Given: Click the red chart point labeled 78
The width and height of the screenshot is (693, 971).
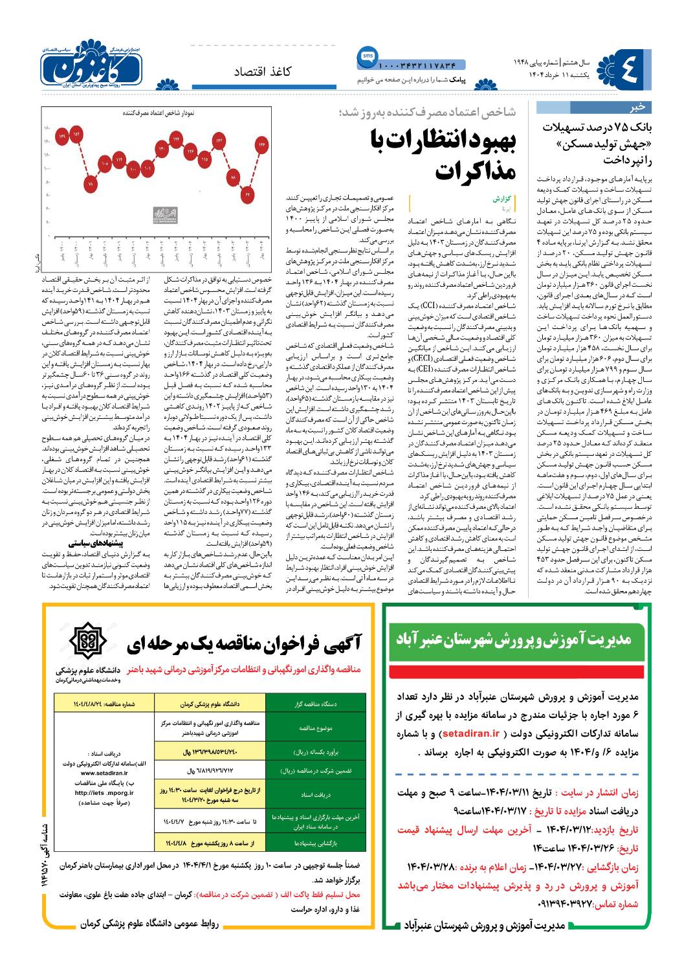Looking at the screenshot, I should pyautogui.click(x=90, y=185).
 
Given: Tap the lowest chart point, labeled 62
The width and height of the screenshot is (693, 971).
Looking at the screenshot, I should pyautogui.click(x=248, y=194).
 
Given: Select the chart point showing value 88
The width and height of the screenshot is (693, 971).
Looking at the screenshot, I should pyautogui.click(x=234, y=177).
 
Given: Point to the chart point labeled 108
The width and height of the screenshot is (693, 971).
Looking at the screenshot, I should pyautogui.click(x=105, y=164).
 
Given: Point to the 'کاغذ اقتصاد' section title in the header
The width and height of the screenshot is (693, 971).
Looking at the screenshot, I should pyautogui.click(x=263, y=71).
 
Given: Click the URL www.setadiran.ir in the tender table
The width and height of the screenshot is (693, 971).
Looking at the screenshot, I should pyautogui.click(x=104, y=773).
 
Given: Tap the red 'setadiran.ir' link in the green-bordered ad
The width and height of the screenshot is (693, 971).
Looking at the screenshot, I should pyautogui.click(x=470, y=733).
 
